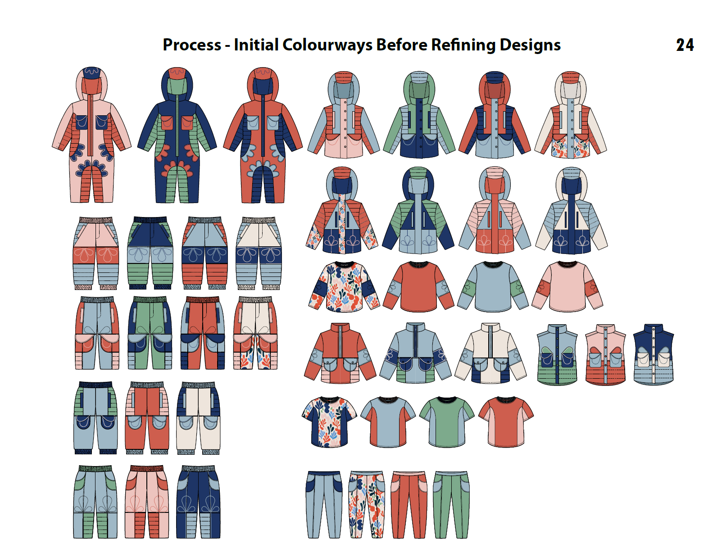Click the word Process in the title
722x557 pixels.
[192, 45]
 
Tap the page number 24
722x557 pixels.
[685, 45]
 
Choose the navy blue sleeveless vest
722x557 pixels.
[653, 354]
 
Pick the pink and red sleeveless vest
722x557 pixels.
[605, 354]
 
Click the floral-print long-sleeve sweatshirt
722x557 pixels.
[344, 287]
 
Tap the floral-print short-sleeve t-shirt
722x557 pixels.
[329, 422]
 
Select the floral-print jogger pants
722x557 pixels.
[367, 504]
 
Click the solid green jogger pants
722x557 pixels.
[451, 504]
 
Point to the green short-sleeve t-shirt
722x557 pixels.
[446, 422]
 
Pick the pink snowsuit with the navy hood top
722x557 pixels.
[91, 135]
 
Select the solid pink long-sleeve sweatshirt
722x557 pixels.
[568, 287]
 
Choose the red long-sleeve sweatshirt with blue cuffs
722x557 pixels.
[418, 287]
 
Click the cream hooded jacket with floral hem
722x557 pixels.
[570, 117]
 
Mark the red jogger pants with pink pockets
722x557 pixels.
[409, 504]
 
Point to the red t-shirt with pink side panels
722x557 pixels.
[506, 422]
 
